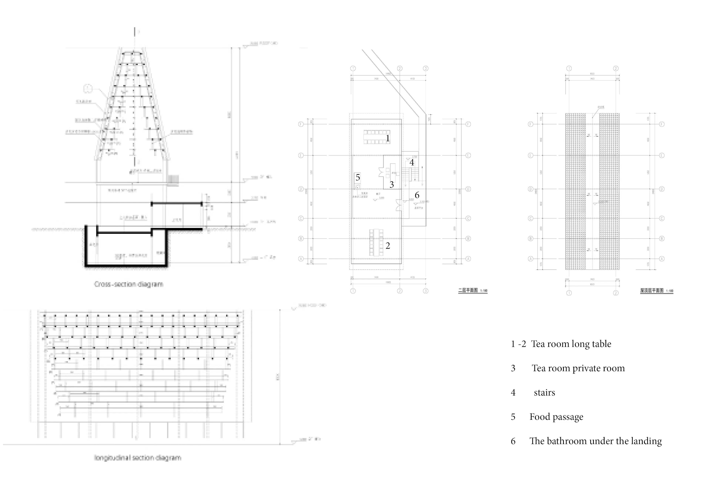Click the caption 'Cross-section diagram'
pos(128,284)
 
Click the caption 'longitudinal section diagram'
pos(138,458)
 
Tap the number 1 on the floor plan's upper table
pos(387,138)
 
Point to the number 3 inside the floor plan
pos(391,185)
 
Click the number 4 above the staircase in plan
pos(412,162)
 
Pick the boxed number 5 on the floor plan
pos(358,178)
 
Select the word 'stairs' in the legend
pos(544,393)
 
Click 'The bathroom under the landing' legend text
pos(595,441)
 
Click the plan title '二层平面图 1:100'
pos(473,290)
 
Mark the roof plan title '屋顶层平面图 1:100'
pos(656,290)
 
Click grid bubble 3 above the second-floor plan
pos(425,68)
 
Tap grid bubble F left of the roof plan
pos(530,124)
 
